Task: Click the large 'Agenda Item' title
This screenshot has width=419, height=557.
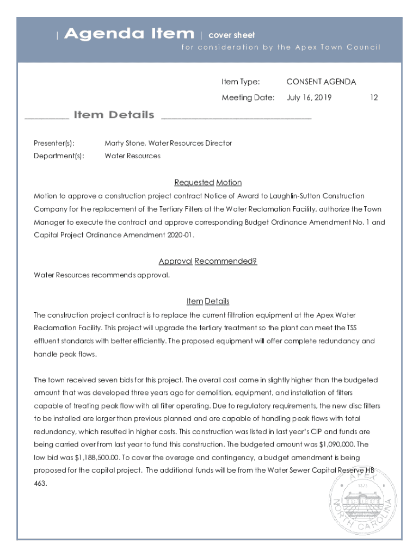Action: (x=128, y=34)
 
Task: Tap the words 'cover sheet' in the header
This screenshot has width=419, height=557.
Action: (x=232, y=35)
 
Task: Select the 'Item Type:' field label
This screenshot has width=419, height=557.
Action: (x=241, y=82)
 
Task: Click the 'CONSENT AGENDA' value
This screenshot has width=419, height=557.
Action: (x=321, y=82)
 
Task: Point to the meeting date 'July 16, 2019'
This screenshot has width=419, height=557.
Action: (x=309, y=98)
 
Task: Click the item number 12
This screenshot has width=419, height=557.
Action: (x=374, y=98)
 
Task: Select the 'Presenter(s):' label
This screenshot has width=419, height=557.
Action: (x=54, y=143)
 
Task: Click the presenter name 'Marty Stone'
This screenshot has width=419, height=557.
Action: (x=125, y=143)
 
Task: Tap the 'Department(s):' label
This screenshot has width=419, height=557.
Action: (x=59, y=156)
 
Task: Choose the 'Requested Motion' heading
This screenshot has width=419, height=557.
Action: (x=208, y=182)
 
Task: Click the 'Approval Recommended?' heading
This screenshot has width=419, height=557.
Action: (x=208, y=261)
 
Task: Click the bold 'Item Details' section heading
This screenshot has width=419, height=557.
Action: (x=114, y=115)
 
